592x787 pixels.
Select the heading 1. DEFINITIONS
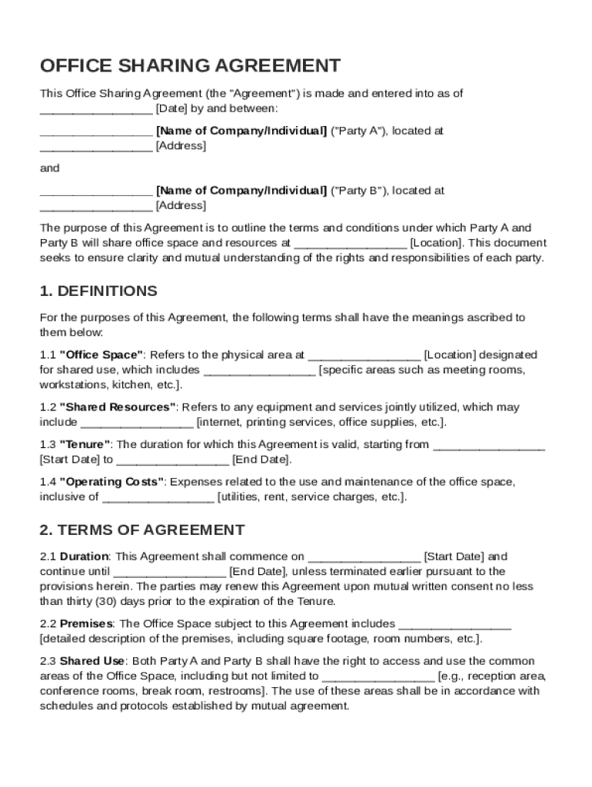point(98,291)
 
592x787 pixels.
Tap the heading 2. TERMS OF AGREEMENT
point(142,530)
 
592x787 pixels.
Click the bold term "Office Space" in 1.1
point(101,355)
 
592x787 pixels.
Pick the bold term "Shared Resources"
point(119,407)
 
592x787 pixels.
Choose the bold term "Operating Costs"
point(112,482)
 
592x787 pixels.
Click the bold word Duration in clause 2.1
point(85,556)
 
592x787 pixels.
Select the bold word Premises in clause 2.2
point(86,624)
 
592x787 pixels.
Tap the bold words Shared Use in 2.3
point(92,661)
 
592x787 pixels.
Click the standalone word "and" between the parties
point(49,168)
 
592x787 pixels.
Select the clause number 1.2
point(48,407)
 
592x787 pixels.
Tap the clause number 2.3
point(48,661)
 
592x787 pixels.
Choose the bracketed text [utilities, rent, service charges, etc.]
point(311,496)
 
